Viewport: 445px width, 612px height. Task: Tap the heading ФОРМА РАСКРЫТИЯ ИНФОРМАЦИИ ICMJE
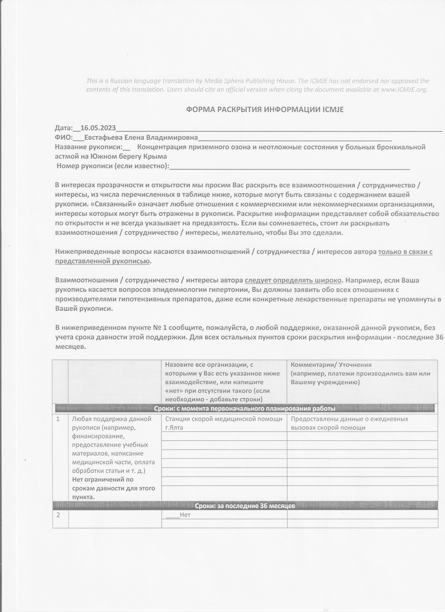(x=265, y=110)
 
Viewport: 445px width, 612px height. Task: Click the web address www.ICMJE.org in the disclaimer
(x=403, y=90)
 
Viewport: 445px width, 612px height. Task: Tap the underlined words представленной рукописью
(x=102, y=261)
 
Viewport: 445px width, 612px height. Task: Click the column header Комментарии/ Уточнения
(x=331, y=365)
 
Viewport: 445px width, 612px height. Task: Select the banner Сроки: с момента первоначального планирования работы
(x=244, y=409)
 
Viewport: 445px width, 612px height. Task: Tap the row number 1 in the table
(x=58, y=419)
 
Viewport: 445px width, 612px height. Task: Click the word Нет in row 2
(x=185, y=515)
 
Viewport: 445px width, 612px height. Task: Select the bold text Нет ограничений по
(x=103, y=480)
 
